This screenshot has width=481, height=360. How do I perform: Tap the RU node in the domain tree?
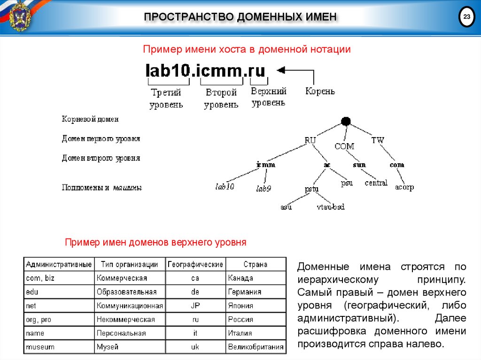[310, 140]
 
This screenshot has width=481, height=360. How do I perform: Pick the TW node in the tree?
[378, 140]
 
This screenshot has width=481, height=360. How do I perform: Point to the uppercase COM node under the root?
[344, 146]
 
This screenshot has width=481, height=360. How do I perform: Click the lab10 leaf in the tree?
[225, 187]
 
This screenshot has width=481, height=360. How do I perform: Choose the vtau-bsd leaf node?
[331, 207]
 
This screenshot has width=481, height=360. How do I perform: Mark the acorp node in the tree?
[404, 187]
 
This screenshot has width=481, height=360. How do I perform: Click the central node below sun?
[376, 183]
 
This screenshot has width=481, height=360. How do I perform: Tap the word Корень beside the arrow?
[320, 91]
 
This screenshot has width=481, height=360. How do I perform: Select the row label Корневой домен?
[90, 119]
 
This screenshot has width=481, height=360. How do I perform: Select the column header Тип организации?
[130, 264]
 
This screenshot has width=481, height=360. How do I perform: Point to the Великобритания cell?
[256, 347]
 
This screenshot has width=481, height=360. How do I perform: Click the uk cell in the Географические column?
[195, 347]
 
